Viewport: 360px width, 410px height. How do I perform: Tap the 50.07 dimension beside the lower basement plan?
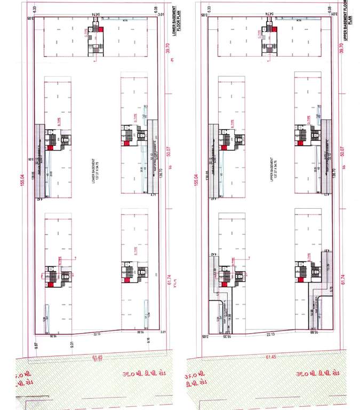click(x=170, y=152)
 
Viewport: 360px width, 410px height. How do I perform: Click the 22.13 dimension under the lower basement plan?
click(x=97, y=335)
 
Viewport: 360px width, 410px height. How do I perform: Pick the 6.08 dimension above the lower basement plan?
click(x=156, y=9)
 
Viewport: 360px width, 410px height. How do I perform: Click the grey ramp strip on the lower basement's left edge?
click(x=41, y=160)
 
